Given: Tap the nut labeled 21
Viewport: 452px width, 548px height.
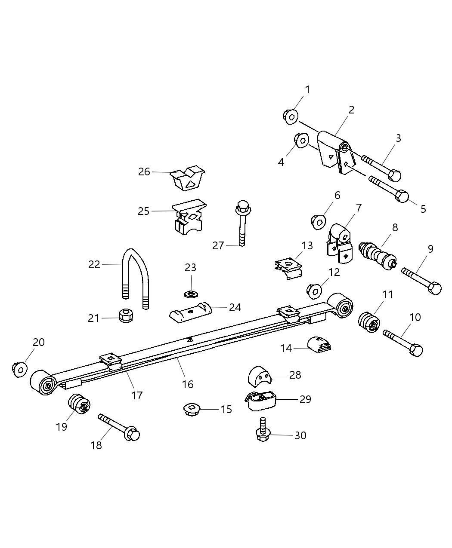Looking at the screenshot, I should [125, 316].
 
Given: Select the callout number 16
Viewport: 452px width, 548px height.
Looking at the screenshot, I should [188, 384].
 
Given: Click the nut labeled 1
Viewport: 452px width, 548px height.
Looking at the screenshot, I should [291, 116].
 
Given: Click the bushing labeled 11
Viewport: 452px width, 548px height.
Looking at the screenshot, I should [369, 322].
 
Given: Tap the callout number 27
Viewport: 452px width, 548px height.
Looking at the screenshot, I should [218, 245].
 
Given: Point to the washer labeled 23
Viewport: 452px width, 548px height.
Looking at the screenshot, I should [190, 294].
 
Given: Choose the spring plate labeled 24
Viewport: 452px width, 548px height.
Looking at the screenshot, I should [190, 312].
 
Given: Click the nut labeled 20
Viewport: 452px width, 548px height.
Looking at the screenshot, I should [19, 369].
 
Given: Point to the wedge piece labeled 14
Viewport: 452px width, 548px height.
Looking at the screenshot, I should [319, 345].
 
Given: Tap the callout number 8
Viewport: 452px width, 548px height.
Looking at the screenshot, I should [395, 227].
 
